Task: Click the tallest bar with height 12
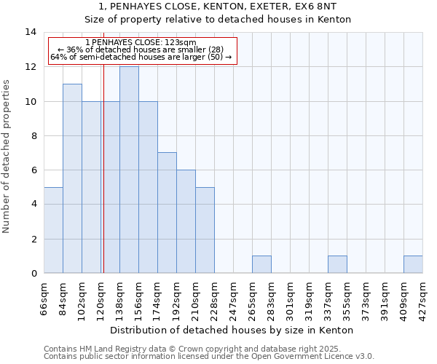[x=129, y=170]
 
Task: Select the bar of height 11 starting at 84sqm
[x=72, y=178]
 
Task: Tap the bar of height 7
[x=167, y=213]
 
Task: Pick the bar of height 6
[x=186, y=221]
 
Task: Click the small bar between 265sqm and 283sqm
[x=261, y=264]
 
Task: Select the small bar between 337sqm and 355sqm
[x=337, y=264]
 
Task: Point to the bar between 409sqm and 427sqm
[x=413, y=264]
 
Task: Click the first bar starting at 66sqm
[x=53, y=230]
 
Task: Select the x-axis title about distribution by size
[x=233, y=330]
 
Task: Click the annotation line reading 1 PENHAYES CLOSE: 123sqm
[x=141, y=43]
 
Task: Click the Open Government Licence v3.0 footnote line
[x=209, y=356]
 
